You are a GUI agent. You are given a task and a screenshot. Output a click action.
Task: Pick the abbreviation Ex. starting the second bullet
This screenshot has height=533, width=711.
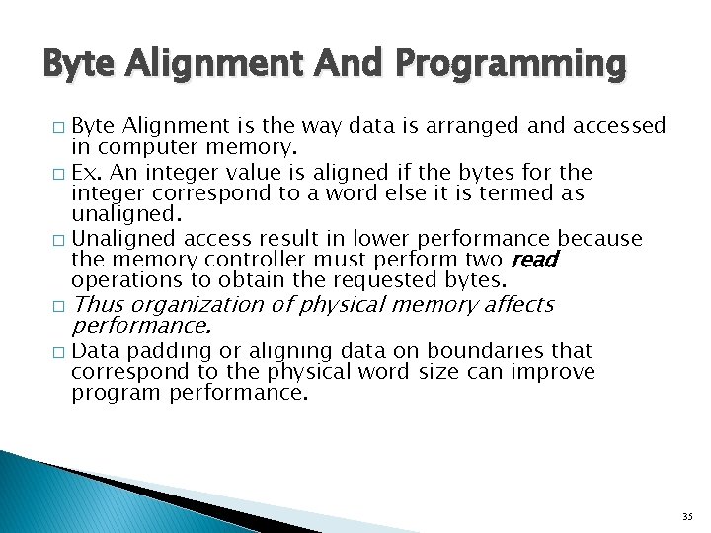tap(86, 171)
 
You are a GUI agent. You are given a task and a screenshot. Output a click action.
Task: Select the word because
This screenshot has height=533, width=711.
tap(600, 239)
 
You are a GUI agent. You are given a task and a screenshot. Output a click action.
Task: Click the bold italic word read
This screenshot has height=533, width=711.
tap(534, 260)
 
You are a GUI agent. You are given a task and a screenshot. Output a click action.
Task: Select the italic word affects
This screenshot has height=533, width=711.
tap(518, 305)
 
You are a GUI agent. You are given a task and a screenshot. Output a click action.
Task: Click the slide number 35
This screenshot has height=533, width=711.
tap(687, 516)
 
